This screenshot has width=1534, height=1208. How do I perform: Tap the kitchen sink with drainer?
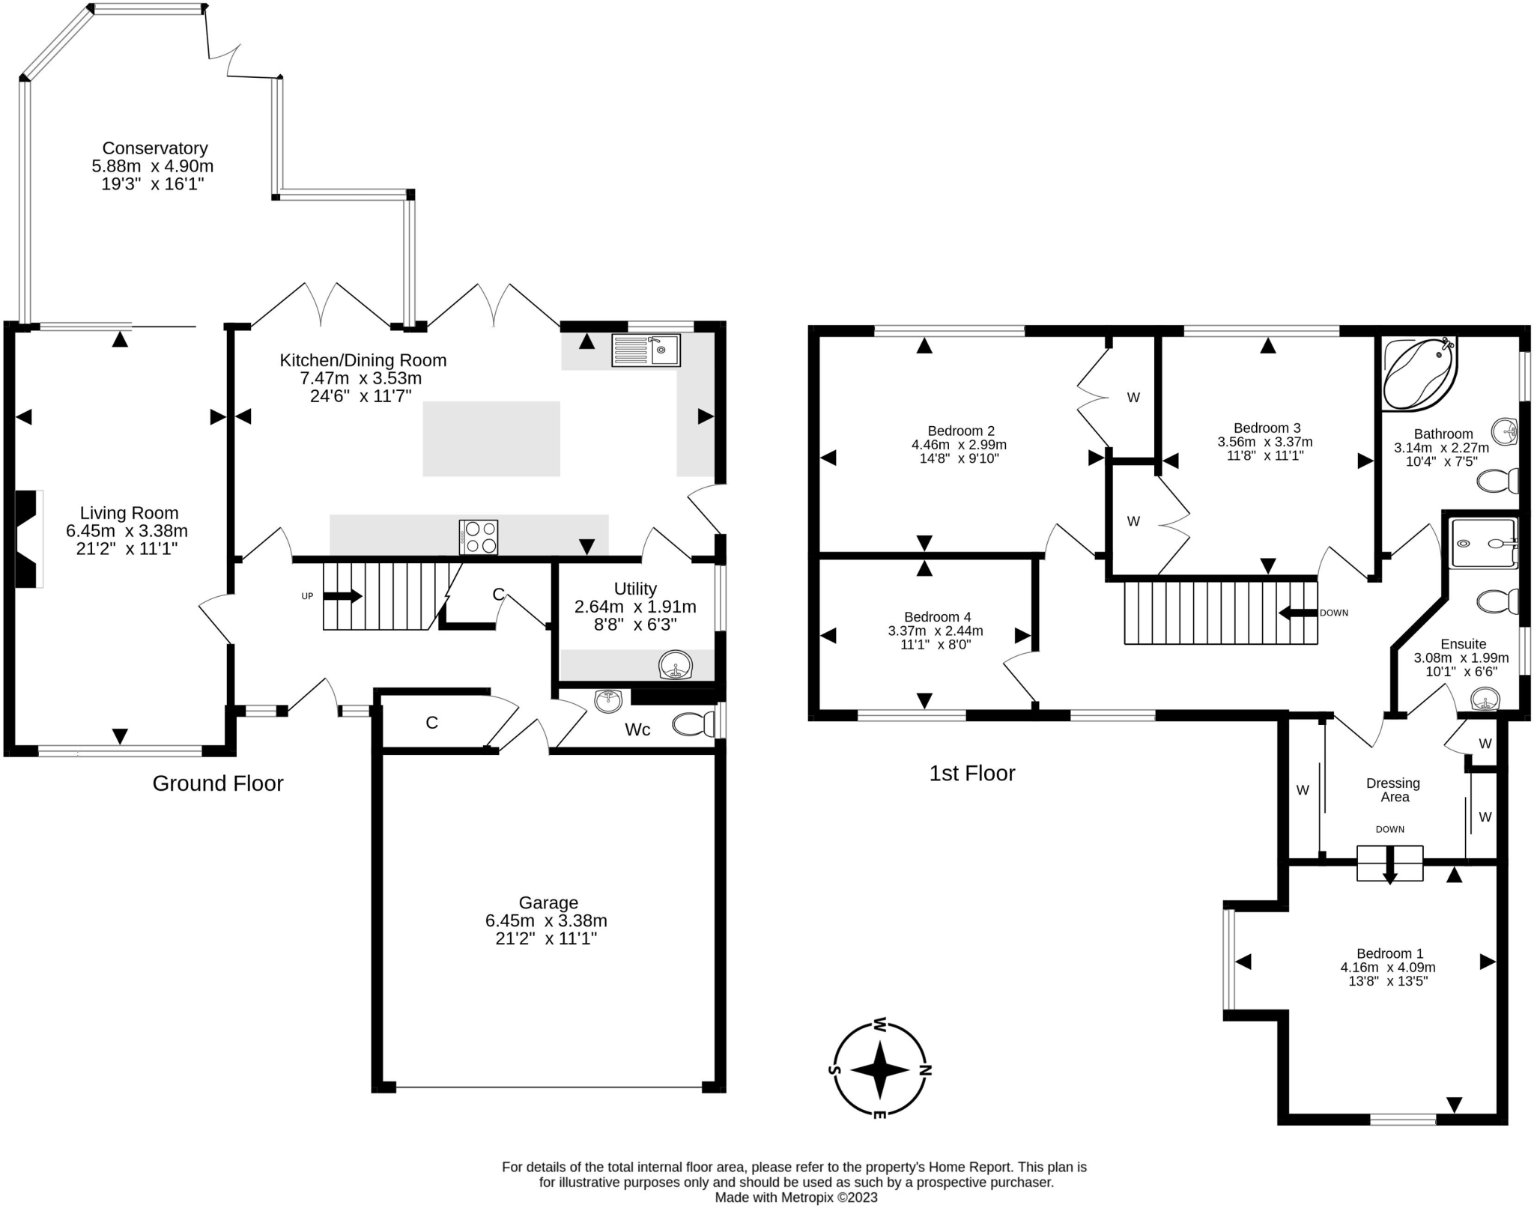tap(646, 350)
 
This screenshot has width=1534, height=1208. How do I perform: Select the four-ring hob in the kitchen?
tap(478, 537)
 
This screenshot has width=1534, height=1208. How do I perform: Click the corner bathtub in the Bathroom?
tap(1419, 374)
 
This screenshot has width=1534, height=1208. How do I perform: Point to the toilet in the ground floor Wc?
tap(694, 724)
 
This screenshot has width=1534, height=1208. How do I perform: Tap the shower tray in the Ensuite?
tap(1484, 543)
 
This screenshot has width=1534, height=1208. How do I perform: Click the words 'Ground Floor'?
tap(218, 783)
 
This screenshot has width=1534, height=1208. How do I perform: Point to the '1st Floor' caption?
tap(972, 773)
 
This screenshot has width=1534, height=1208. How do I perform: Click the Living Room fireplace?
tap(28, 538)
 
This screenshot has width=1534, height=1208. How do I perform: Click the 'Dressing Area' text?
tap(1393, 790)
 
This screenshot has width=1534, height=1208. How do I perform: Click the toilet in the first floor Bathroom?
tap(1497, 480)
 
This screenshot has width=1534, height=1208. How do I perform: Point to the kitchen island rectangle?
tap(491, 439)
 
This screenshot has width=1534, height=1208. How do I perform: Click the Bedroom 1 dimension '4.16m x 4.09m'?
tap(1388, 967)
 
